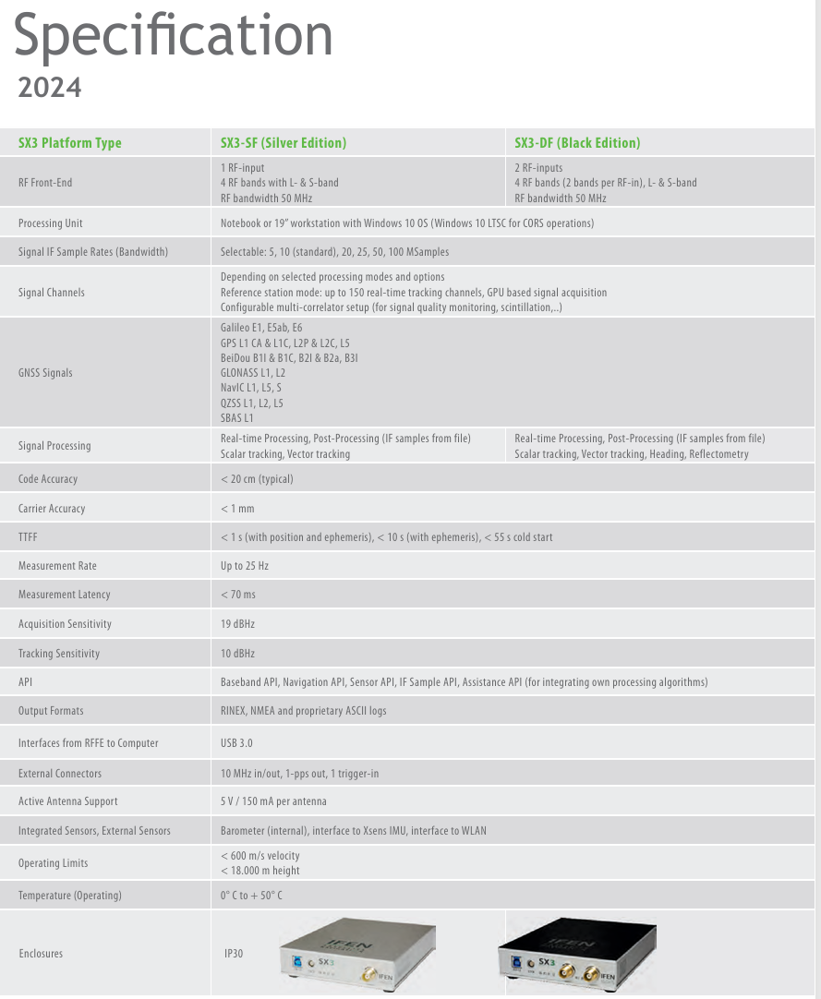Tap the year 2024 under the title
pos(50,88)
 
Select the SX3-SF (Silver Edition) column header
pos(283,143)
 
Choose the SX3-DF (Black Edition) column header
pos(577,143)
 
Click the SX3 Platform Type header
pos(70,143)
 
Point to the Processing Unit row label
pos(51,223)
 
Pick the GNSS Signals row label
pos(45,373)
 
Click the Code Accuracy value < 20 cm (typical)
pos(258,479)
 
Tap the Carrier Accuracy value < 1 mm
pos(237,509)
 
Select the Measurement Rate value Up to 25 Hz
pos(245,566)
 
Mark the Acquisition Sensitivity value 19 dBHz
pos(238,624)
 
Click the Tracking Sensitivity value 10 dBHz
pos(238,654)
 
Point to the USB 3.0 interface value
pos(236,743)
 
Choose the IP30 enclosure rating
pos(234,954)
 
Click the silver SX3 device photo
pos(356,953)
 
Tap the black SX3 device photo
pos(571,953)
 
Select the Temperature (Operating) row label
pos(70,896)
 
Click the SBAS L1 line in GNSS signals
pos(237,418)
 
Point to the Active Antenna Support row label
pos(68,801)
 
